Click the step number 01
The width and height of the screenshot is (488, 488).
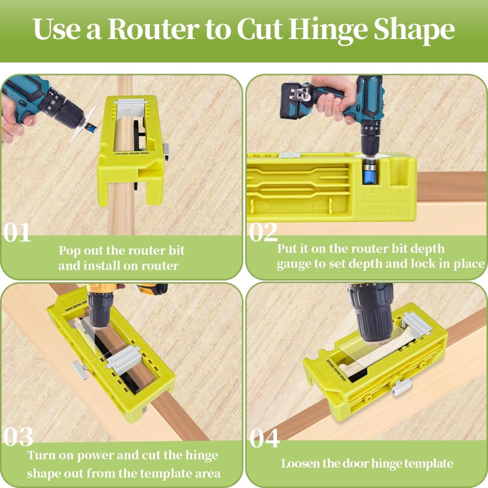pos(17,233)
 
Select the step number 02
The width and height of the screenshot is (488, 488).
pos(263,233)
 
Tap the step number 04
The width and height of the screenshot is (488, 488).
pos(264,438)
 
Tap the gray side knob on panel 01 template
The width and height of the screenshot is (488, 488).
pos(167,150)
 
